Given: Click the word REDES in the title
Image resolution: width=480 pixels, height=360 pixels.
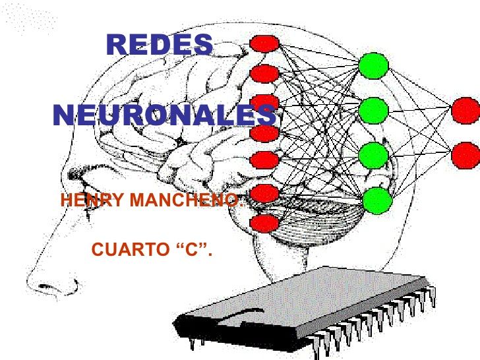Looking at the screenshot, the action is (x=159, y=44).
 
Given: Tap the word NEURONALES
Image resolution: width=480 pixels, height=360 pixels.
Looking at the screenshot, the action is (x=164, y=115).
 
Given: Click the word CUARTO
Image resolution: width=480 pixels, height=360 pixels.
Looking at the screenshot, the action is (x=130, y=249).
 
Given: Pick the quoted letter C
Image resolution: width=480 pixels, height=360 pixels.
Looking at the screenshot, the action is (x=193, y=249).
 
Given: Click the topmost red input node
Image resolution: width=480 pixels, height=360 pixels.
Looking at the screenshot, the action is (x=264, y=43).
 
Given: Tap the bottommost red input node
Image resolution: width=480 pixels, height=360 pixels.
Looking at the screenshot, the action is (x=264, y=224).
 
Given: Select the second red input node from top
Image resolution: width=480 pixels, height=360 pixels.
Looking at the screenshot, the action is (x=264, y=73).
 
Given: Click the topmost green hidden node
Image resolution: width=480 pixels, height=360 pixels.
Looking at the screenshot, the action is (x=373, y=66).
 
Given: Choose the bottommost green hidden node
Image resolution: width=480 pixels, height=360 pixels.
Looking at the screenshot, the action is (x=377, y=200).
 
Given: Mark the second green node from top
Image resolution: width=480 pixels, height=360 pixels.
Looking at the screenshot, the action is (x=373, y=111).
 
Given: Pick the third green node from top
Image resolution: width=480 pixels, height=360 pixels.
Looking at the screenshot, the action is (x=373, y=156).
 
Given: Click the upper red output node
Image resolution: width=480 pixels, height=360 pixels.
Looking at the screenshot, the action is (x=465, y=111).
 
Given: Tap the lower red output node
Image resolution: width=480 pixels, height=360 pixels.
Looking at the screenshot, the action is (x=465, y=156).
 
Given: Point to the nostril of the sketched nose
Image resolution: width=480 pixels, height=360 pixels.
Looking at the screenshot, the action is (x=46, y=287).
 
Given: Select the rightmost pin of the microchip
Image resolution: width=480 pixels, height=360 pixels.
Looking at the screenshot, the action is (x=433, y=296).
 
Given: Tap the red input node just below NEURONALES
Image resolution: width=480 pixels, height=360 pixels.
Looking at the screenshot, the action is (x=264, y=133).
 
